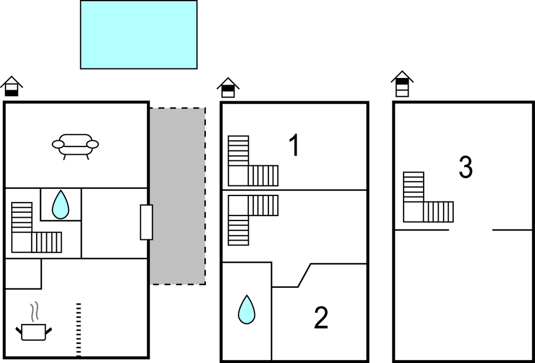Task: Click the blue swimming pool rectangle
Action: (139, 35)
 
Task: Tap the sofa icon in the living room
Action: (75, 146)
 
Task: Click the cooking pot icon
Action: (33, 332)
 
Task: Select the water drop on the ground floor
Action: (60, 204)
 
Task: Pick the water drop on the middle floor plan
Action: (247, 310)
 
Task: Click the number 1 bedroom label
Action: (294, 145)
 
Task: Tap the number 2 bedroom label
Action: (321, 318)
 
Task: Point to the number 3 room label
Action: (466, 167)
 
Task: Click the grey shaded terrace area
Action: (178, 196)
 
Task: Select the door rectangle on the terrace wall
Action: (146, 222)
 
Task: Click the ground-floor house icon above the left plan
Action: (11, 86)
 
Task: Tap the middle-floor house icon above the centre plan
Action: (228, 87)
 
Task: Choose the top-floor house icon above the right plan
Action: (402, 84)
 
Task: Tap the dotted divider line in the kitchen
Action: (78, 330)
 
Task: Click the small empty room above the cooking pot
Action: (23, 273)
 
